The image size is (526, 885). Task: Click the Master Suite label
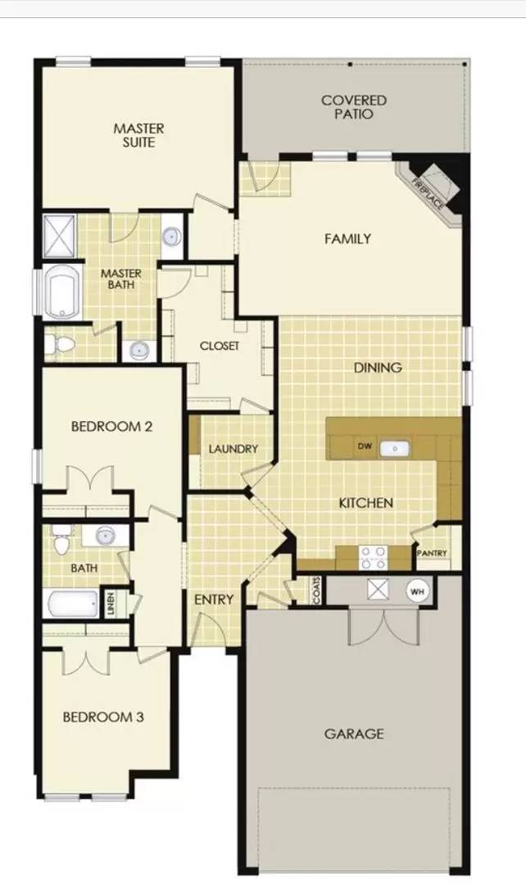[138, 135]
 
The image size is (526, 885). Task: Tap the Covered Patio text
[353, 107]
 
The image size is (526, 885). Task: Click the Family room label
[347, 239]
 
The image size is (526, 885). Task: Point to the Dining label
[378, 368]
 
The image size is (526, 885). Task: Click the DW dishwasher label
[365, 447]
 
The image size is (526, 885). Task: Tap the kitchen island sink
[397, 448]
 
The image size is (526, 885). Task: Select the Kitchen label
[366, 502]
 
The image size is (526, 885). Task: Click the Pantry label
[432, 553]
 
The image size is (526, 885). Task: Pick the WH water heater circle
[417, 591]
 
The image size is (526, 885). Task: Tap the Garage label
[354, 734]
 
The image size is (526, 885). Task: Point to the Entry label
[213, 600]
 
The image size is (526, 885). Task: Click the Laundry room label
[234, 449]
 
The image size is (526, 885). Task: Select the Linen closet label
[110, 604]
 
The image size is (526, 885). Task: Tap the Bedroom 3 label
[103, 717]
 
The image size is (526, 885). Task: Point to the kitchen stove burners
[373, 557]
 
